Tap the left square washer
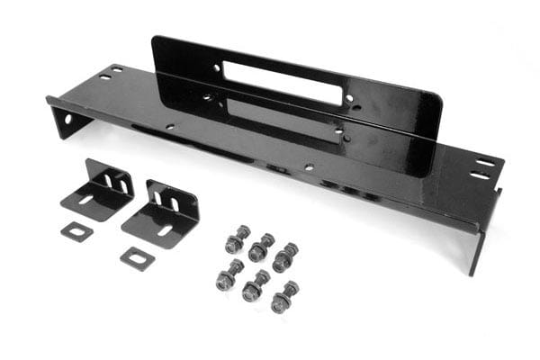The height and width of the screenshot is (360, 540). click(x=77, y=231)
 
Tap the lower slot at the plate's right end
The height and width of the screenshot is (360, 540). click(x=480, y=175)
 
